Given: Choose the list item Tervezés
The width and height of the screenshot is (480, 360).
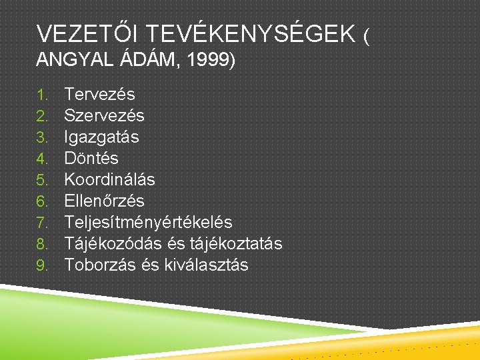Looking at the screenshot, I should (x=99, y=94).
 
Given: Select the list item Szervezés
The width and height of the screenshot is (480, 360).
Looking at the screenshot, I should (x=104, y=115).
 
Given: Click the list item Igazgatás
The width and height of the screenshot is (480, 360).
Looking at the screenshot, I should (x=101, y=137).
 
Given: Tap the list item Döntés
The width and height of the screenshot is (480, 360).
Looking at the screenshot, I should (x=91, y=158).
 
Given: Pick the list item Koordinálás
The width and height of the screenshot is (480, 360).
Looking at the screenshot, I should (x=109, y=179).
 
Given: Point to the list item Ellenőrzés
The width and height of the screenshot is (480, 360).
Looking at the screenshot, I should (x=104, y=201).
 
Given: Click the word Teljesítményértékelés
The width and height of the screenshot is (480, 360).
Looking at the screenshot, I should (x=148, y=222).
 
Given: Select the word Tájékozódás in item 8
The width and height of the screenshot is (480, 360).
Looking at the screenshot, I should (x=111, y=243).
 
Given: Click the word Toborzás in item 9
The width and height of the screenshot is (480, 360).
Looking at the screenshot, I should (x=101, y=265).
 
